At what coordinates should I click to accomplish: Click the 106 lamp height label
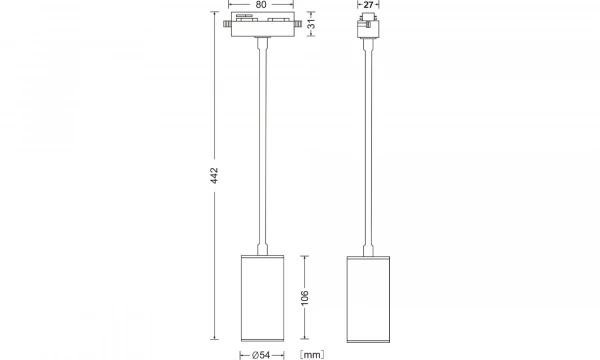point(306,298)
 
